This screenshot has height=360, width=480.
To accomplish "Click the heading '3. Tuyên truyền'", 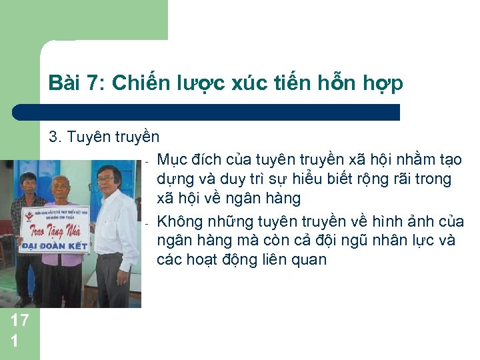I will click(x=104, y=137).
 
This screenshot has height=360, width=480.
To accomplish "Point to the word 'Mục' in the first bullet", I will click(x=173, y=159).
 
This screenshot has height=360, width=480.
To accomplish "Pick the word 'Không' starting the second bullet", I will click(x=179, y=221).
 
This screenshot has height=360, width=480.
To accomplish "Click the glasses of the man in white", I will click(x=106, y=177).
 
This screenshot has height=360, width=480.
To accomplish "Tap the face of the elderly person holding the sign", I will click(x=61, y=189).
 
